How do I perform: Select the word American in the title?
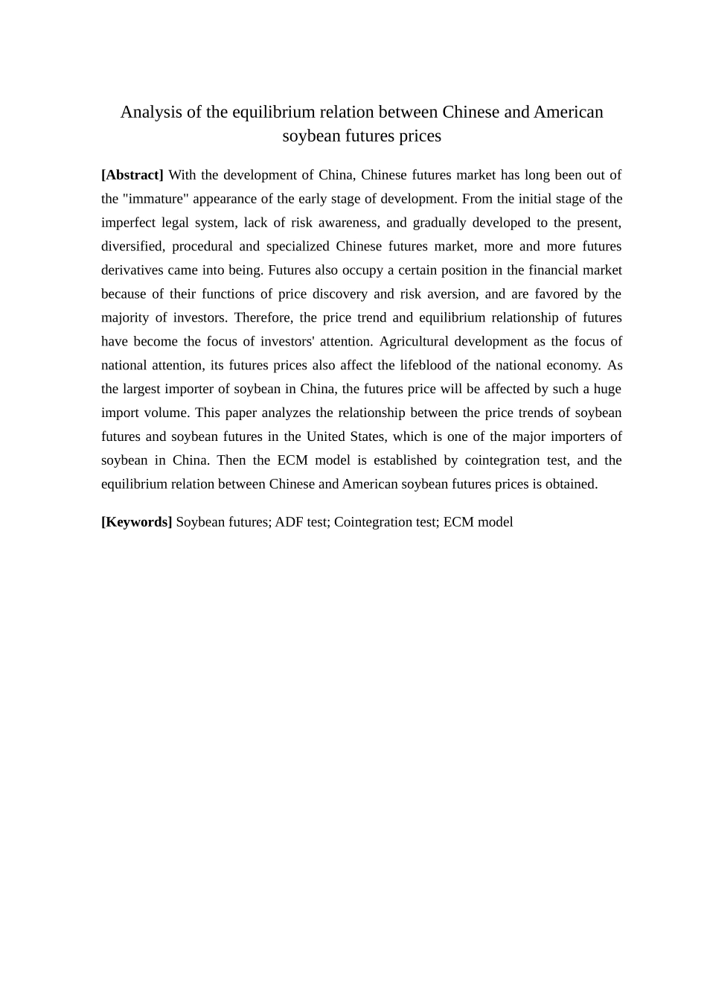coord(568,112)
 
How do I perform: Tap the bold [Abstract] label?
coord(132,175)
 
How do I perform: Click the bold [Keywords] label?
coord(136,522)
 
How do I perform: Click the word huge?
coord(607,390)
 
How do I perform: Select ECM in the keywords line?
coord(458,522)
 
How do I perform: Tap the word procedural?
coord(202,247)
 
